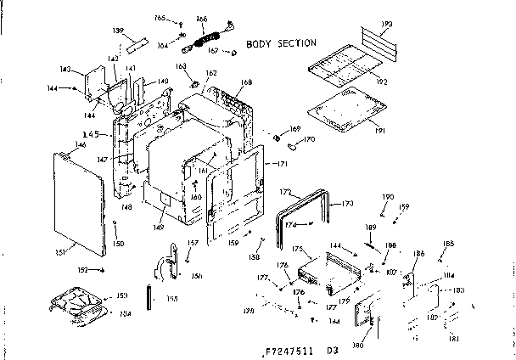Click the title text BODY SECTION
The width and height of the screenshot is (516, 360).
pyautogui.click(x=281, y=42)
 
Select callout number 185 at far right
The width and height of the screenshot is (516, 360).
pyautogui.click(x=448, y=244)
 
